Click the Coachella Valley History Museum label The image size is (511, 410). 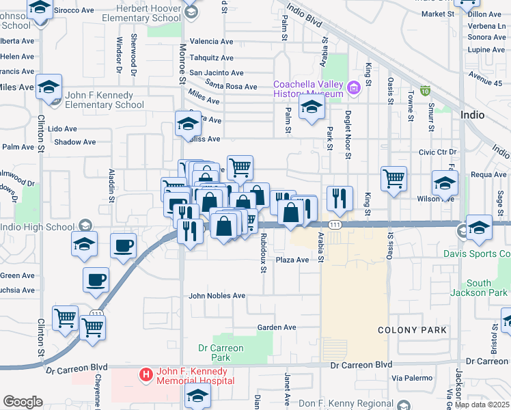pos(308,89)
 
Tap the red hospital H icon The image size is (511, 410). pos(146,374)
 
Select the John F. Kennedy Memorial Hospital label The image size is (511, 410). pos(195,376)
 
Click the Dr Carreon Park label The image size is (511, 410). pos(220,353)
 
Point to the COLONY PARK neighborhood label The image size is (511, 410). pos(413,330)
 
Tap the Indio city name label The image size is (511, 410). pos(473,114)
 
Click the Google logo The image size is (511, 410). pos(23,402)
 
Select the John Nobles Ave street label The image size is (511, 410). pos(217,296)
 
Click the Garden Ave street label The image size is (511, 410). pos(277,327)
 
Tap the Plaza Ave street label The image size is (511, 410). pos(292,260)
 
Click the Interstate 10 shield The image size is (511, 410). pos(426,90)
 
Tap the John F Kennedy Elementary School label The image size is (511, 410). pos(105,100)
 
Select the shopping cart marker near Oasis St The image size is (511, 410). pos(394,179)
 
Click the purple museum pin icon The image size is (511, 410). pos(353,87)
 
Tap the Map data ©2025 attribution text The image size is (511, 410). pos(482,405)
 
